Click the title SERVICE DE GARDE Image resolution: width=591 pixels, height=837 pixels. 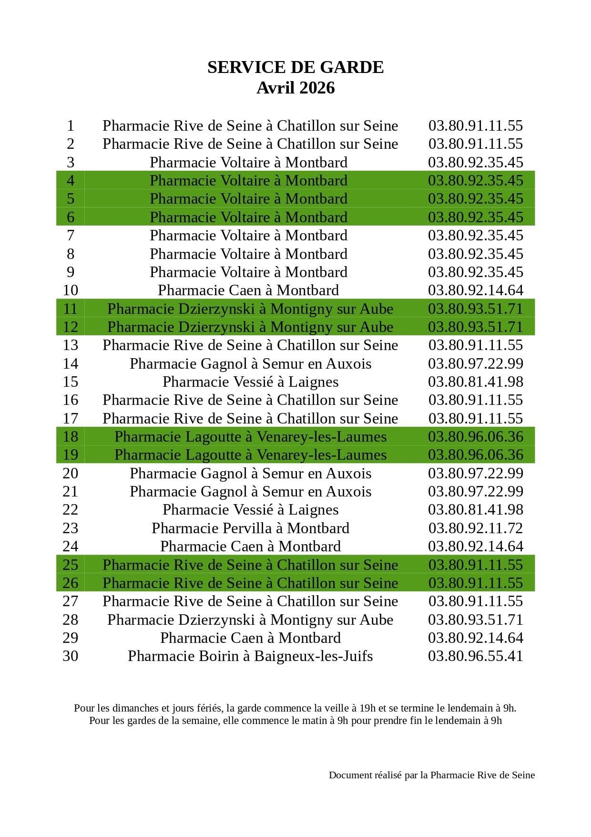pyautogui.click(x=295, y=67)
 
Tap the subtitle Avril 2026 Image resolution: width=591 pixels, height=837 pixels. pyautogui.click(x=295, y=88)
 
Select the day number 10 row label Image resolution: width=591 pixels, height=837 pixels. pyautogui.click(x=71, y=290)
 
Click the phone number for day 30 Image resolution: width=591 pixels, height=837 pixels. pyautogui.click(x=475, y=656)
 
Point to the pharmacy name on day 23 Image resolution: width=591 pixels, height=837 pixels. pyautogui.click(x=250, y=528)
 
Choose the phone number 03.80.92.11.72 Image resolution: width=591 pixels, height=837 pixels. pyautogui.click(x=475, y=528)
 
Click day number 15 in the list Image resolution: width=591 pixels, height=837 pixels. pyautogui.click(x=71, y=382)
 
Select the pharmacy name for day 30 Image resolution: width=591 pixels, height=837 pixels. pyautogui.click(x=250, y=656)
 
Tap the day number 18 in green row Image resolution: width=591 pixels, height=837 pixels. pyautogui.click(x=71, y=436)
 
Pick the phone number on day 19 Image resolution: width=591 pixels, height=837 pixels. pyautogui.click(x=475, y=455)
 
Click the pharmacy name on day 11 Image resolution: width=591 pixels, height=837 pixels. pyautogui.click(x=250, y=309)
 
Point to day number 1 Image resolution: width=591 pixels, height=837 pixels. pyautogui.click(x=71, y=125)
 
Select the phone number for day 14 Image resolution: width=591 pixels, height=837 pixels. pyautogui.click(x=475, y=363)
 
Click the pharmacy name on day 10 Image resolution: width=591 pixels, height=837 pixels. pyautogui.click(x=248, y=290)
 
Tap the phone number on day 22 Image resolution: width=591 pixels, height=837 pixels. pyautogui.click(x=475, y=509)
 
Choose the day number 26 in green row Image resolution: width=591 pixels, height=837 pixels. pyautogui.click(x=71, y=583)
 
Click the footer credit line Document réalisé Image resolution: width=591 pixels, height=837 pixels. pyautogui.click(x=431, y=775)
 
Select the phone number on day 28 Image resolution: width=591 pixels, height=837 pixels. pyautogui.click(x=475, y=620)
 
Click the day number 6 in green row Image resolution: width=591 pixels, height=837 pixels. pyautogui.click(x=71, y=217)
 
